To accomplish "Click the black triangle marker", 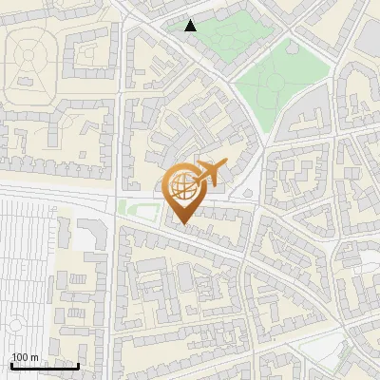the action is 191,26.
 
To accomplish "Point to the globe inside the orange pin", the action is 184,188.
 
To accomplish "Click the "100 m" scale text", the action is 25,357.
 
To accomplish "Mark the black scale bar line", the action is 45,366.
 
